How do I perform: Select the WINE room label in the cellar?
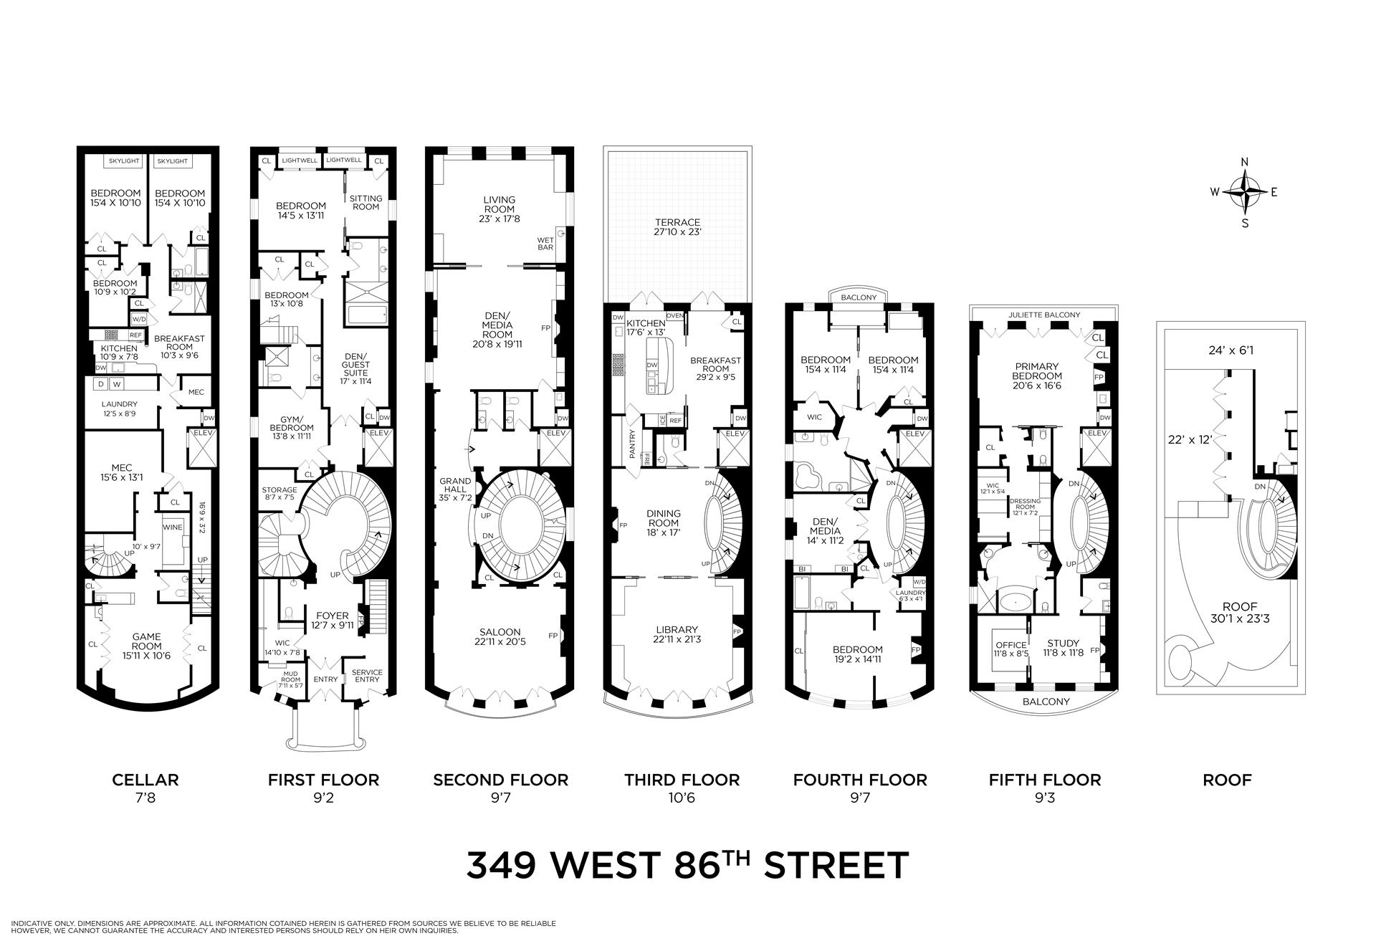tap(173, 527)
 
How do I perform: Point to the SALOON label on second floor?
tap(500, 632)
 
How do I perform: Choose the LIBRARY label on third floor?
tap(677, 630)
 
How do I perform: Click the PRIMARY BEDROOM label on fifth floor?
tap(1036, 371)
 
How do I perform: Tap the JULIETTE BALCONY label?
tap(1043, 315)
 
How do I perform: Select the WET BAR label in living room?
tap(546, 244)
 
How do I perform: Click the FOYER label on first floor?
tap(333, 616)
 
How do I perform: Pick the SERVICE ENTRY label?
tap(366, 676)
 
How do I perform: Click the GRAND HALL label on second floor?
tap(455, 485)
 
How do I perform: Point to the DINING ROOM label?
tap(663, 518)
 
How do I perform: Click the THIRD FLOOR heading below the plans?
tap(682, 780)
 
